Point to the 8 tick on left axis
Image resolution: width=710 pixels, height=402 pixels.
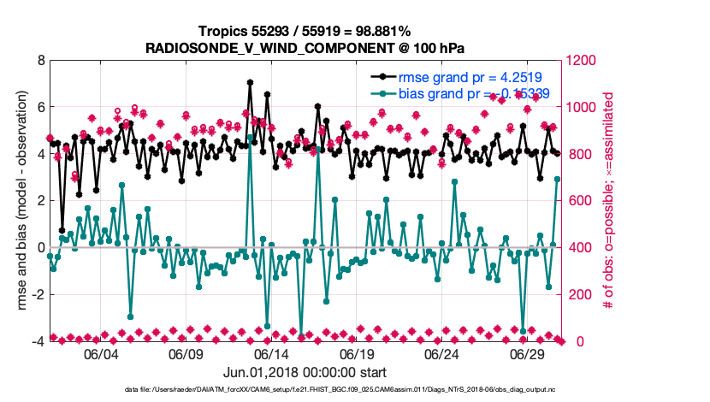[41, 61]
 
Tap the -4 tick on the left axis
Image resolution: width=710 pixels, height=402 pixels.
[38, 341]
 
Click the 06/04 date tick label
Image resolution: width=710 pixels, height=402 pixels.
[100, 354]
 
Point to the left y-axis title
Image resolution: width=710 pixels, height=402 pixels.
[18, 201]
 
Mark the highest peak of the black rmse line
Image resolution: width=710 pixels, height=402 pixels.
[250, 83]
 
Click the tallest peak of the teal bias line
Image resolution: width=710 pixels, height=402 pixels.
[250, 137]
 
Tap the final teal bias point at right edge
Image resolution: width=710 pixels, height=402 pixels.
[557, 179]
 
